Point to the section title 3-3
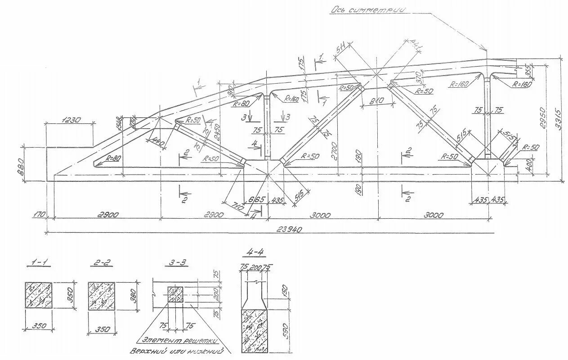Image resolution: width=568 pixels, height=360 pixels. pos(173,261)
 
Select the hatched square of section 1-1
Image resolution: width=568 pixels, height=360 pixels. pos(38,295)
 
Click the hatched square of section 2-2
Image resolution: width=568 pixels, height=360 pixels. pos(101,296)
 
